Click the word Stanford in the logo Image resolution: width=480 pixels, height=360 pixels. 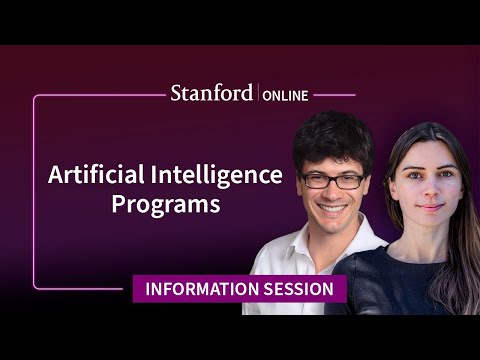click(212, 93)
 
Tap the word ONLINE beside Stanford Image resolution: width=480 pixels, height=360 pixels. click(286, 95)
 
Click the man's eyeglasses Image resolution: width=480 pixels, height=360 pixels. click(333, 180)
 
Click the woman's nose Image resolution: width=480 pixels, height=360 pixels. click(426, 189)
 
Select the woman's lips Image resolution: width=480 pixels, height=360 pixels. click(427, 207)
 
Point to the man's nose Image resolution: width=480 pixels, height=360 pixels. click(335, 193)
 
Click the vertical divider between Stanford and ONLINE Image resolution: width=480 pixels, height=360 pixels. click(258, 94)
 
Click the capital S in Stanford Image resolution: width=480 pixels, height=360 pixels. click(175, 93)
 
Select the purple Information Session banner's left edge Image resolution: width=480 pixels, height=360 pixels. click(135, 290)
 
